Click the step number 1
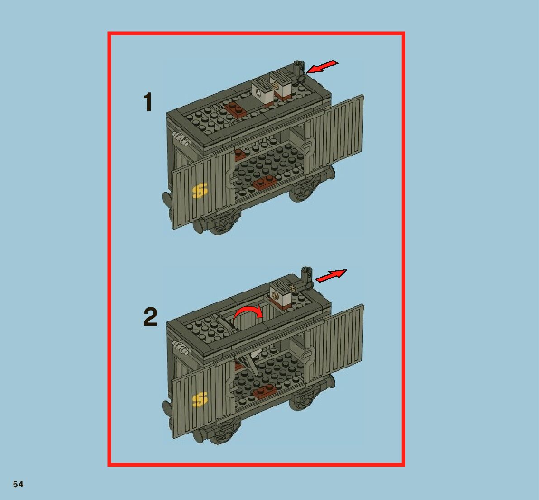tap(148, 102)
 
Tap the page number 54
tap(18, 484)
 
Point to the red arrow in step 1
tap(322, 66)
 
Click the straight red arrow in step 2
tap(331, 276)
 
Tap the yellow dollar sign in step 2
tap(200, 399)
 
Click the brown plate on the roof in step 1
tap(236, 109)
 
